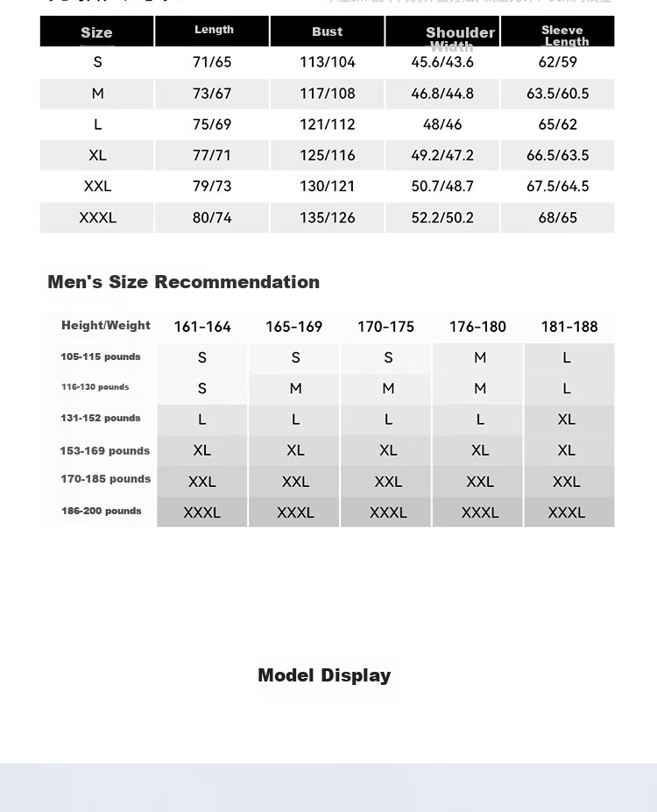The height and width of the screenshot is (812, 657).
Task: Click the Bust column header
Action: click(327, 32)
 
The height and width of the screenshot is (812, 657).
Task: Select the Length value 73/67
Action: click(212, 94)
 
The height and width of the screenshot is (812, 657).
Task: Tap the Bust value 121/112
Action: click(328, 124)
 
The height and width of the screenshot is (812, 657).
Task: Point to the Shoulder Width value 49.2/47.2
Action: click(442, 156)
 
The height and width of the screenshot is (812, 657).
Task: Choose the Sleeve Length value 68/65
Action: click(558, 217)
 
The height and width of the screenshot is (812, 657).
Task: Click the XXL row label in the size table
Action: click(97, 187)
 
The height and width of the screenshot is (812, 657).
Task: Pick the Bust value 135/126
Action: click(328, 217)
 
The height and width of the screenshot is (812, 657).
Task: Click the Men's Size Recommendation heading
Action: click(183, 282)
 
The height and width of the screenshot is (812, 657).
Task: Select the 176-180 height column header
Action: click(477, 327)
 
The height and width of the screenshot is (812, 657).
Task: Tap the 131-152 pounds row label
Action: click(101, 419)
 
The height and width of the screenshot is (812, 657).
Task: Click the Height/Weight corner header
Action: click(106, 326)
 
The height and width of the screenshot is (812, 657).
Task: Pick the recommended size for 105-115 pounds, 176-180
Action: click(480, 357)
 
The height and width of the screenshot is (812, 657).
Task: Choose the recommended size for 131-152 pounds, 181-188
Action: click(567, 420)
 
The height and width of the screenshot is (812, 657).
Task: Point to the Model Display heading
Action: click(324, 675)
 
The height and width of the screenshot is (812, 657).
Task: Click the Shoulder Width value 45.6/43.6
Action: click(442, 62)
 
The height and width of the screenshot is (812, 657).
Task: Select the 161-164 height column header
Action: click(202, 327)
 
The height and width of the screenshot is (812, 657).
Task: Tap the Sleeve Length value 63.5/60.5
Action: click(558, 94)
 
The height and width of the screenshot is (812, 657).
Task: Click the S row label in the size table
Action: click(97, 62)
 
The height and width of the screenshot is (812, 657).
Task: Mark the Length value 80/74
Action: click(212, 217)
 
